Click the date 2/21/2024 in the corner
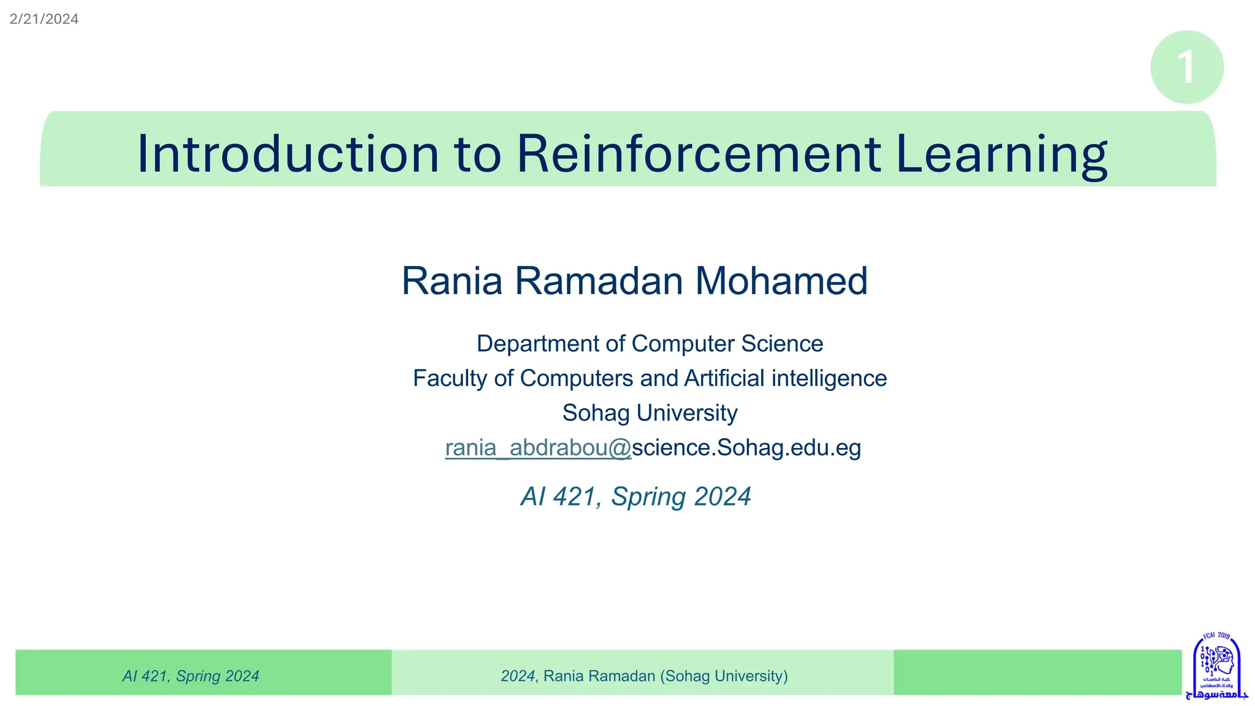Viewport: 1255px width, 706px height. coord(44,19)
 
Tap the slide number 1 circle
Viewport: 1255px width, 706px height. coord(1186,67)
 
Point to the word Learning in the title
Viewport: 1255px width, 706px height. coord(1001,154)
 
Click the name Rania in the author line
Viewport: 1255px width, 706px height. coord(452,281)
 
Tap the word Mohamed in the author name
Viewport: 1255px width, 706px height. coord(781,281)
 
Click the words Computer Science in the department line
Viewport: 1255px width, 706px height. coord(727,344)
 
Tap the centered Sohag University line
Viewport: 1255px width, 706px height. coord(650,414)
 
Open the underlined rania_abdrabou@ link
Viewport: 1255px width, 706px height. coord(537,448)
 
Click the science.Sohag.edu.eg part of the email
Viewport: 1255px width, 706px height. coord(746,448)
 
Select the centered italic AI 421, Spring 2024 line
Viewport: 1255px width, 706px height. coord(635,496)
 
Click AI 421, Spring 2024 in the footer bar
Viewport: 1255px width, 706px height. coord(191,676)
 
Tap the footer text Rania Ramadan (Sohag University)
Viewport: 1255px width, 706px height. coord(665,676)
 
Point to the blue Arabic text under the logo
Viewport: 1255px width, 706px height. coord(1216,694)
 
